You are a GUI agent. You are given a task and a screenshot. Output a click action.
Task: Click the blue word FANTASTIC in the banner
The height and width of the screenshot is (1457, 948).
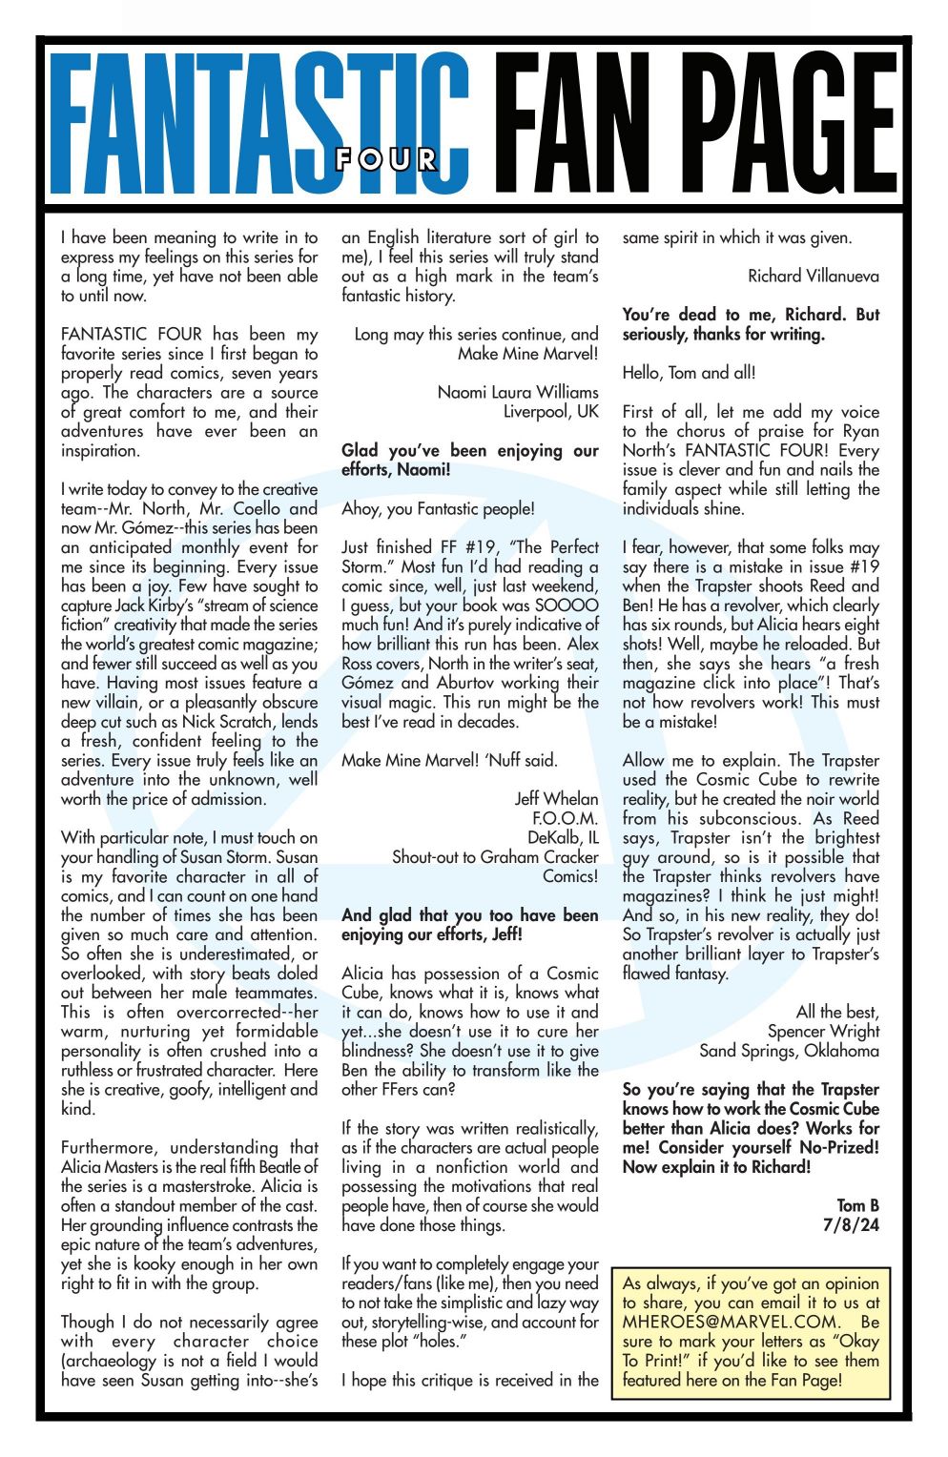(258, 124)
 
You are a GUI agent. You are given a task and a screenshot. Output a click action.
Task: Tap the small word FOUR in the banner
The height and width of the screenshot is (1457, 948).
(386, 159)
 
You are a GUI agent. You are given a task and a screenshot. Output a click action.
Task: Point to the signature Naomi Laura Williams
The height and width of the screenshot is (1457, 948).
(518, 392)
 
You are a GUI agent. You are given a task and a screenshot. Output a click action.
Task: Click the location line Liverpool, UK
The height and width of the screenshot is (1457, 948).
(550, 412)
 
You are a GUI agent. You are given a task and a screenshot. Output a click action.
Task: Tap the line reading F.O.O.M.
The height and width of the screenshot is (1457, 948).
(565, 818)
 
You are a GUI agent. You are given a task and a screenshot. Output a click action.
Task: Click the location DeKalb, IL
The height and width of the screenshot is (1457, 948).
(563, 838)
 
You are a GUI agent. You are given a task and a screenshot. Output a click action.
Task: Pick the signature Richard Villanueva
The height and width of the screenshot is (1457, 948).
(813, 277)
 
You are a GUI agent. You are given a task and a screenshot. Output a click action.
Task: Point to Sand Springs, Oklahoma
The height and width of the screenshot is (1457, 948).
(789, 1051)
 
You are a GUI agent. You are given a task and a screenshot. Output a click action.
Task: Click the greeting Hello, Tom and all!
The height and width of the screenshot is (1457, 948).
(689, 373)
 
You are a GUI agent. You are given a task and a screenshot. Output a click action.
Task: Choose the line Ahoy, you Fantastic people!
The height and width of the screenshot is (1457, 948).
(438, 508)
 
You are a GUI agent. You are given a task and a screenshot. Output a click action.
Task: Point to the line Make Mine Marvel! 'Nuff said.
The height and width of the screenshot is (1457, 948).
(449, 760)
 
